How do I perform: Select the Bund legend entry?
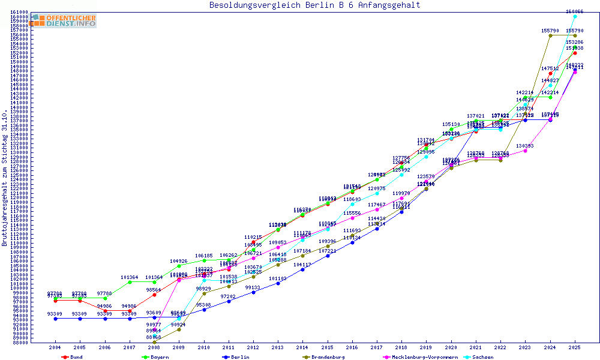[73, 357]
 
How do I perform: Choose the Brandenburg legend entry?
[324, 357]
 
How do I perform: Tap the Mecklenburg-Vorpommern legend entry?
[419, 357]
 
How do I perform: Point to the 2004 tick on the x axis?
[55, 347]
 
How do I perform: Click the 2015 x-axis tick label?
[328, 347]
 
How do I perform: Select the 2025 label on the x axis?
[575, 347]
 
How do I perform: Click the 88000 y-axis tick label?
[21, 343]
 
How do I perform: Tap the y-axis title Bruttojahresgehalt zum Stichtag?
[5, 178]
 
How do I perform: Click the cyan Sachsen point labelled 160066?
[575, 16]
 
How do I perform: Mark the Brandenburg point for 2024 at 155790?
[550, 35]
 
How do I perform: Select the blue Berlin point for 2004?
[55, 319]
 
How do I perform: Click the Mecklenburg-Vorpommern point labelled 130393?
[526, 151]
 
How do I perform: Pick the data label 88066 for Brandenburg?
[154, 337]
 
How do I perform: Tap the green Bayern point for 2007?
[130, 282]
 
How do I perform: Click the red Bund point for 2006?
[105, 311]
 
